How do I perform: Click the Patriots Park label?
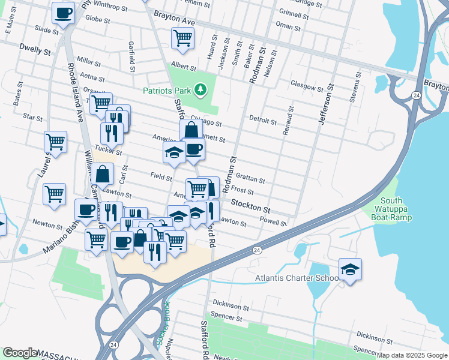(x=166, y=91)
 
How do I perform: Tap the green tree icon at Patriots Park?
(x=200, y=91)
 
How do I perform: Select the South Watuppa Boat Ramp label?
(x=391, y=209)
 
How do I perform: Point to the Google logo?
(x=20, y=353)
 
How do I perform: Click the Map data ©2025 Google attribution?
(x=412, y=355)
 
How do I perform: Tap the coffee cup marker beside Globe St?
(x=63, y=13)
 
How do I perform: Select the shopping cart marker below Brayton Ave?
(x=182, y=38)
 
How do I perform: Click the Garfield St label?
(x=130, y=55)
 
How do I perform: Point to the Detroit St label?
(x=262, y=121)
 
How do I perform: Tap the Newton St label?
(x=47, y=225)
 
